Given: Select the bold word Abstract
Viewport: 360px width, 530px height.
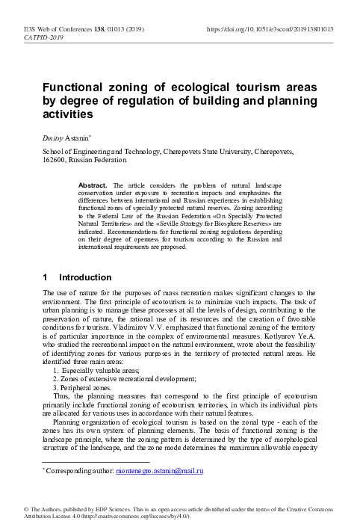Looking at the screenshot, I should pos(95,184).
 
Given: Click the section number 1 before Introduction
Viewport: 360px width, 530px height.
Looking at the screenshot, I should pos(47,257).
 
